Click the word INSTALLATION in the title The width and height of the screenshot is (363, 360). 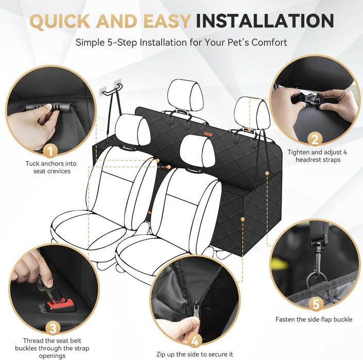pyautogui.click(x=265, y=21)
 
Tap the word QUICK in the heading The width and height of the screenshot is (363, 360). pyautogui.click(x=60, y=21)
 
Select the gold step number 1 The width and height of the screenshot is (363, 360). pyautogui.click(x=50, y=151)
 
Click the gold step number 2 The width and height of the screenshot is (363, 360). pyautogui.click(x=315, y=140)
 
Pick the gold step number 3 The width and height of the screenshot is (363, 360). pyautogui.click(x=53, y=328)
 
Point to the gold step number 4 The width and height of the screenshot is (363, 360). pyautogui.click(x=195, y=341)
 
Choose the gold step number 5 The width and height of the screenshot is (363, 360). pyautogui.click(x=316, y=303)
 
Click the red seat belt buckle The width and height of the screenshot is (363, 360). pyautogui.click(x=60, y=303)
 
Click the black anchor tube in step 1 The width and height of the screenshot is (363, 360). pyautogui.click(x=49, y=108)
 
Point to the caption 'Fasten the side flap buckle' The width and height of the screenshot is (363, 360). pyautogui.click(x=314, y=319)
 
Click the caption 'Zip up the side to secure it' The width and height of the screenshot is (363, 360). pyautogui.click(x=195, y=354)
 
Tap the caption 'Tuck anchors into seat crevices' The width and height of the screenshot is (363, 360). pyautogui.click(x=51, y=167)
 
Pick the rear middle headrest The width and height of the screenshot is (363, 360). pyautogui.click(x=185, y=95)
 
